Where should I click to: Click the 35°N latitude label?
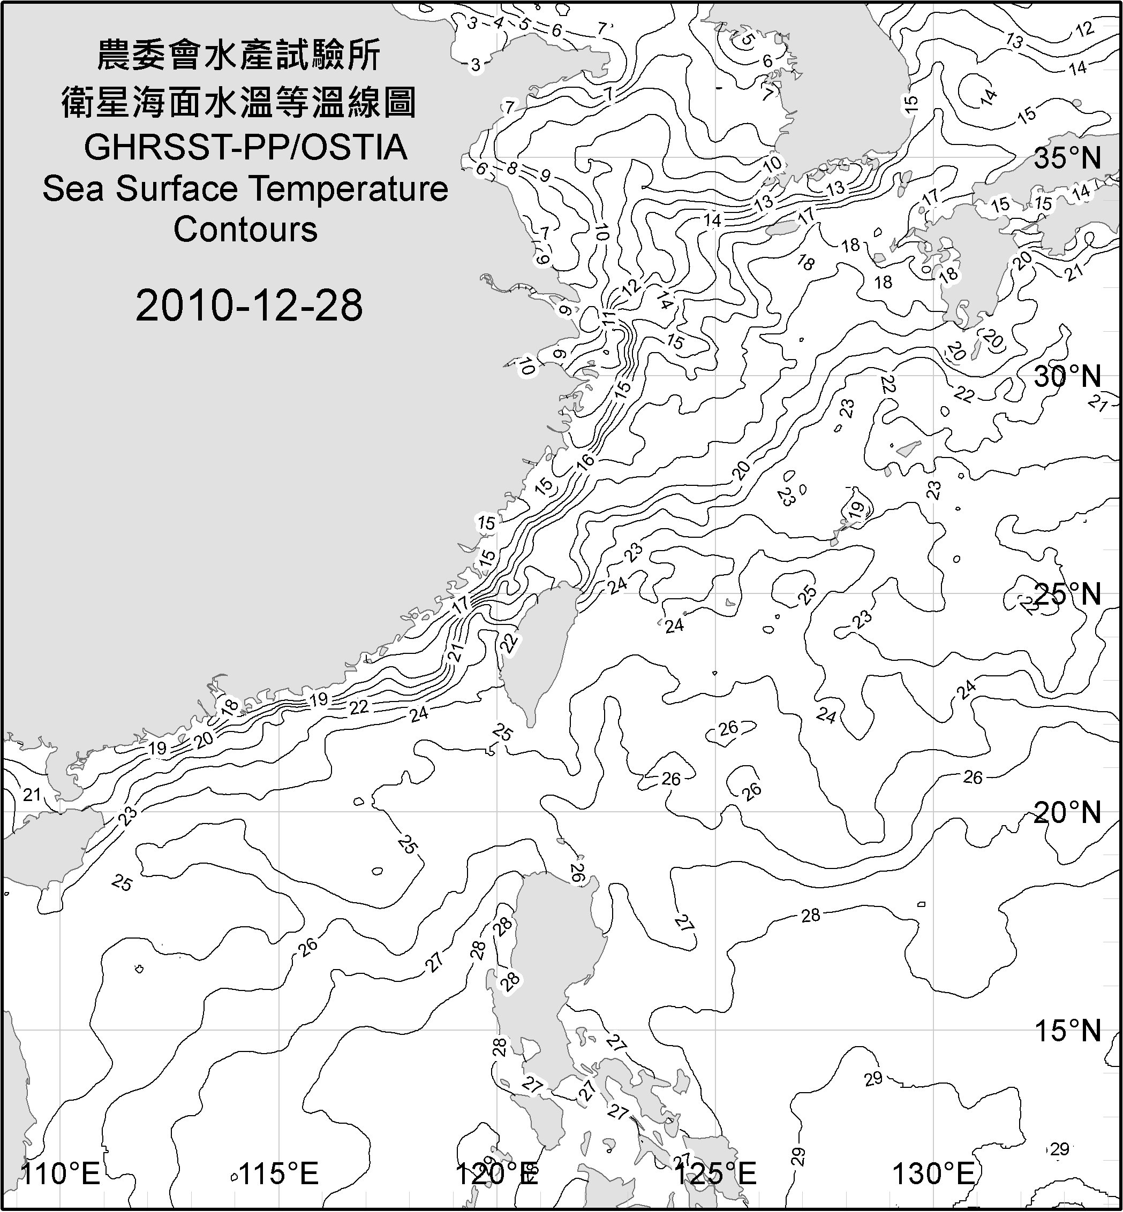tap(1067, 158)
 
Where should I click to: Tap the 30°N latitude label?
tap(1067, 377)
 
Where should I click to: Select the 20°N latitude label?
tap(1067, 812)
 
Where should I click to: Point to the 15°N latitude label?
tap(1067, 1031)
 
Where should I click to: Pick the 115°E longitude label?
tap(279, 1174)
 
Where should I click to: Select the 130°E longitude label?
tap(933, 1174)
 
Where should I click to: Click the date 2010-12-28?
tap(249, 306)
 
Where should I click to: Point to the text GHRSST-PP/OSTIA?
tap(245, 148)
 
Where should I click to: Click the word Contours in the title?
tap(245, 230)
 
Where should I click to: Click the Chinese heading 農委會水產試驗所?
tap(239, 56)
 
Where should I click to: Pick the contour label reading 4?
tap(498, 23)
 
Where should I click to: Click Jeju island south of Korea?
tap(781, 229)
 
